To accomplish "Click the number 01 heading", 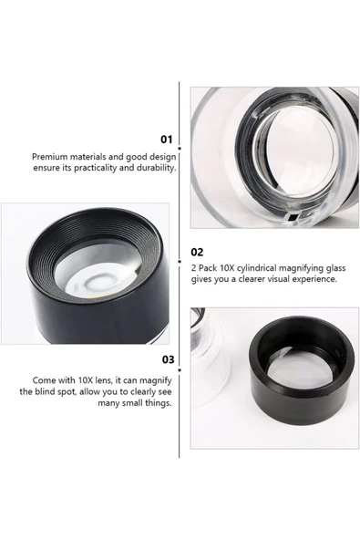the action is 167,140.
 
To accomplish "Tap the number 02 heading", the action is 197,252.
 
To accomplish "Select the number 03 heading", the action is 169,359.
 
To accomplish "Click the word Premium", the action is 49,157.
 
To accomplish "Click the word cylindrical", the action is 256,268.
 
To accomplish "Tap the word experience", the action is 314,279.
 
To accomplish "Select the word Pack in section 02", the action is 208,268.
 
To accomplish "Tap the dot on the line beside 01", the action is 180,149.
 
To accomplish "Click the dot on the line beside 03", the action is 180,369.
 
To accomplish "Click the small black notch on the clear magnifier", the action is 293,217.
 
